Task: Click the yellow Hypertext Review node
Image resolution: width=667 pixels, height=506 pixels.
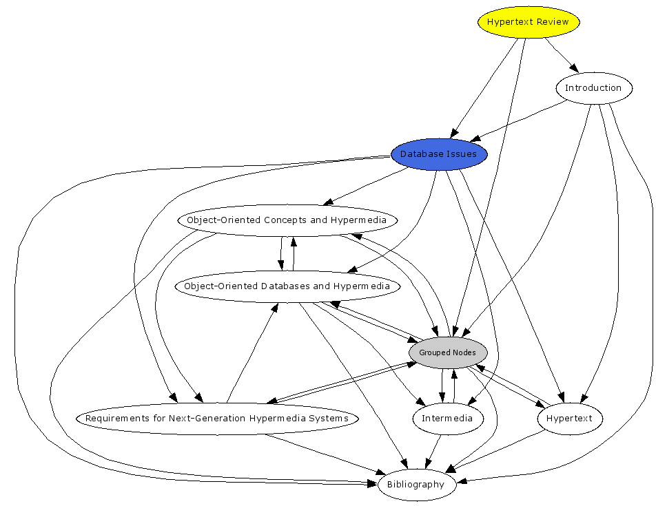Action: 528,22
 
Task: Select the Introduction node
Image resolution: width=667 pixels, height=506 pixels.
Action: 593,88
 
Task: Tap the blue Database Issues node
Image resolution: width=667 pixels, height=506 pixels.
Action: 439,154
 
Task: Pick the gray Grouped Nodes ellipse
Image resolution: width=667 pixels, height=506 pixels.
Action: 447,352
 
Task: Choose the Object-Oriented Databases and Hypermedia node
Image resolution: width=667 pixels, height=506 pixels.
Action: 287,286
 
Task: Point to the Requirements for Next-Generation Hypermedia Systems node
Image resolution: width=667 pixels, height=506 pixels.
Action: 217,419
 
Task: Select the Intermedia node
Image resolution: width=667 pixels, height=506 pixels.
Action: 447,419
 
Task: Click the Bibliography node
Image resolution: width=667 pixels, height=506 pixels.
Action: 415,485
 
